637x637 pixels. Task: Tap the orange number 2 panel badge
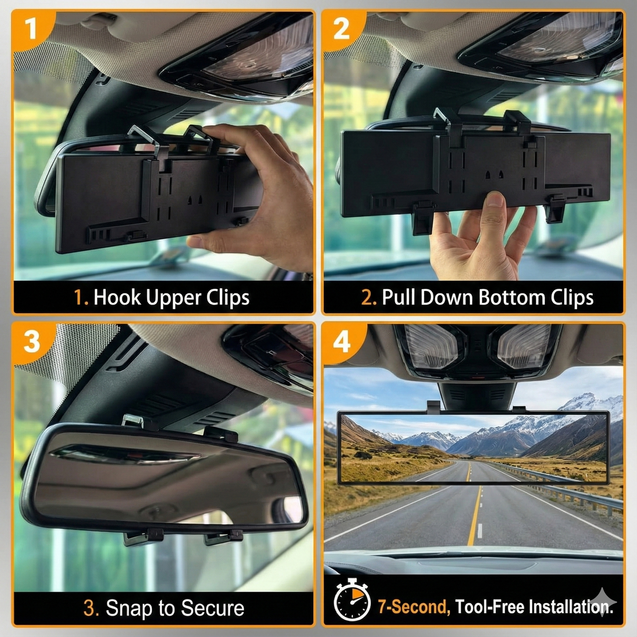tap(341, 29)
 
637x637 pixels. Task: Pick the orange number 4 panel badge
tap(342, 342)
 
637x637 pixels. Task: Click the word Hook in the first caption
tap(118, 298)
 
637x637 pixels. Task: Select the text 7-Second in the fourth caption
tap(413, 607)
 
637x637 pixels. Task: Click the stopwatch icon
tap(352, 600)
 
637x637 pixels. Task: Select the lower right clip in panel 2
tap(556, 209)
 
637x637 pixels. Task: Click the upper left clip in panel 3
tap(134, 421)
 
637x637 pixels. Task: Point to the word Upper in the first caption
tap(174, 298)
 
